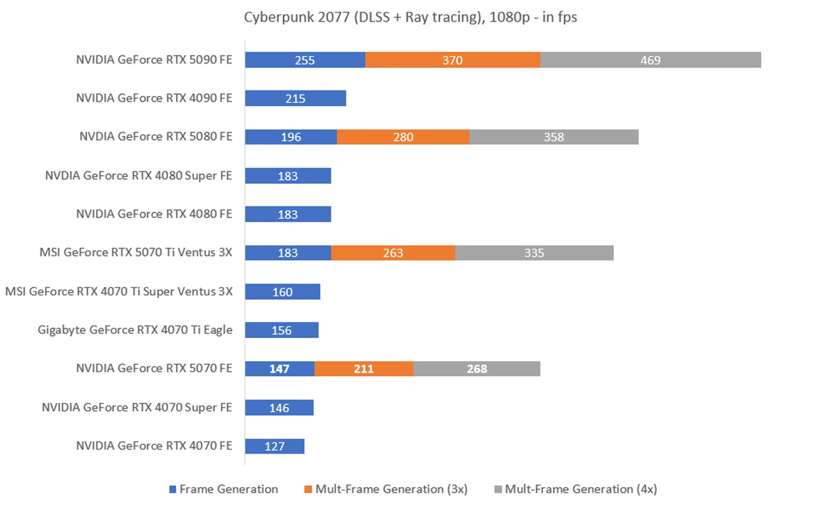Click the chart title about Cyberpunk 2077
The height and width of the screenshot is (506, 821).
click(x=410, y=17)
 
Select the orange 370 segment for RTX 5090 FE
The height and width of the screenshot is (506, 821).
click(x=452, y=60)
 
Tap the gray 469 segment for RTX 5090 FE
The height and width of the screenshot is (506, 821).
click(x=650, y=60)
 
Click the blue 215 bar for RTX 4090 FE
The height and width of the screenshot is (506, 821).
click(x=295, y=98)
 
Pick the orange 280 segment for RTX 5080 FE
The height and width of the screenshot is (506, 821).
click(x=403, y=137)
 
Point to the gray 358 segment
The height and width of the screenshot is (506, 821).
click(x=553, y=137)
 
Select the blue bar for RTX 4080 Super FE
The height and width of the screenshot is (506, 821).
click(x=288, y=176)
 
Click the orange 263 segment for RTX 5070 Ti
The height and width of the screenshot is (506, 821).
click(x=393, y=253)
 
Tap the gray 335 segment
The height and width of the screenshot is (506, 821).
click(x=534, y=253)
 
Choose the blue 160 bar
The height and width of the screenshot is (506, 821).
click(x=282, y=292)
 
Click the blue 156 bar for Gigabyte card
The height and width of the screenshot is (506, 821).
click(x=281, y=330)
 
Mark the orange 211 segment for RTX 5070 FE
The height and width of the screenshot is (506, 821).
click(x=363, y=369)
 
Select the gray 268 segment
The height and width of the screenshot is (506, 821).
click(x=476, y=369)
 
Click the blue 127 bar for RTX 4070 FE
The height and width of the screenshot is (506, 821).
click(x=274, y=446)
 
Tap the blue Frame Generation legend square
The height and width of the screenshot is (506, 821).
click(x=173, y=489)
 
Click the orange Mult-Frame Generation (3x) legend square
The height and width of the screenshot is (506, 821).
click(x=308, y=489)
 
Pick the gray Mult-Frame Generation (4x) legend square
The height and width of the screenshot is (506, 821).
click(x=498, y=489)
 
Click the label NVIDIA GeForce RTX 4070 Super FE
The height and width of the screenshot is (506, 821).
click(x=137, y=407)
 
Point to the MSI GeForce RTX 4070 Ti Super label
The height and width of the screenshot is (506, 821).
click(x=119, y=292)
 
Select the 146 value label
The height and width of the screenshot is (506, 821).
click(x=279, y=408)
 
